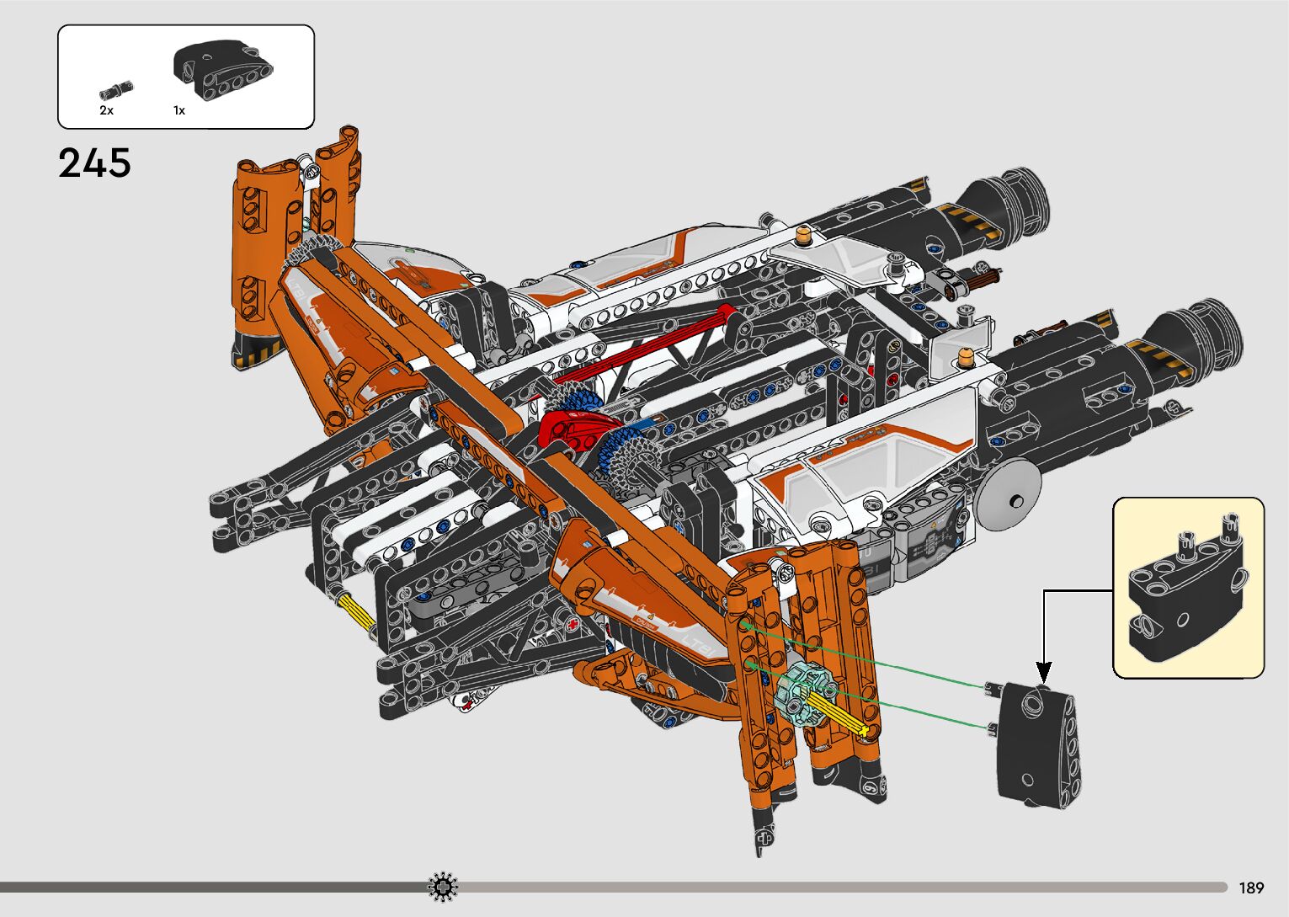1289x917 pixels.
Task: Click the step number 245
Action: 94,163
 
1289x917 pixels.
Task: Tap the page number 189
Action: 1252,888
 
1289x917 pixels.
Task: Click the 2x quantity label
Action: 106,110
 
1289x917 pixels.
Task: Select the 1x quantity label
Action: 179,110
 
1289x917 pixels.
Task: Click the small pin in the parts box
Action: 117,91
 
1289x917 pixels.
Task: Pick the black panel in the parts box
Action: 223,69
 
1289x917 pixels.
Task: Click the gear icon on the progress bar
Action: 443,887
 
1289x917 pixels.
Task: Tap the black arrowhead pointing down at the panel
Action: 1044,672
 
